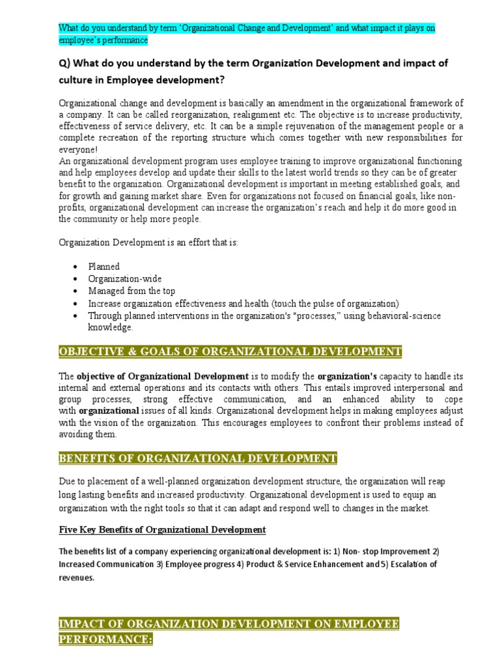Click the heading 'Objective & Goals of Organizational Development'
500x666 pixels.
click(x=230, y=352)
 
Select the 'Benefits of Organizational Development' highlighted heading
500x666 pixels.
click(x=198, y=459)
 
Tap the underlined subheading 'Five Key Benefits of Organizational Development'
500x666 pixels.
click(x=162, y=529)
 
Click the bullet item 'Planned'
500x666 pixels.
click(x=104, y=267)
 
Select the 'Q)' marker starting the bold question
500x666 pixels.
click(x=66, y=64)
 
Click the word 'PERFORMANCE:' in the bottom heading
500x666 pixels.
click(x=105, y=640)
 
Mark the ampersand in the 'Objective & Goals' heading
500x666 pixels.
click(x=122, y=352)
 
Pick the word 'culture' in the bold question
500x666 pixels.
click(x=77, y=80)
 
